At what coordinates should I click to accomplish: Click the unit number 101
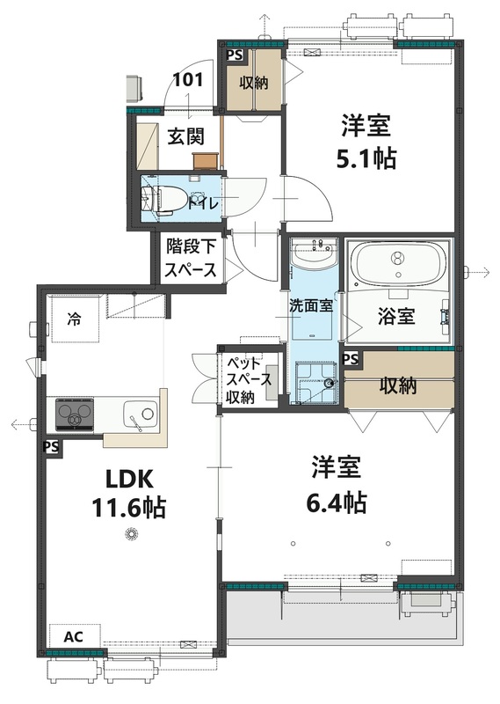187,79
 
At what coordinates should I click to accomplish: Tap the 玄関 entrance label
186,136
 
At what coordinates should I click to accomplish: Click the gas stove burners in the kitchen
76,413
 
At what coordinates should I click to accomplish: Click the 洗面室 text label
310,306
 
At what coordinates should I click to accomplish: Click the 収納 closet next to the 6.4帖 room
398,385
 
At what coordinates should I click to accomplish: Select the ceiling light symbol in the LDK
132,532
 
